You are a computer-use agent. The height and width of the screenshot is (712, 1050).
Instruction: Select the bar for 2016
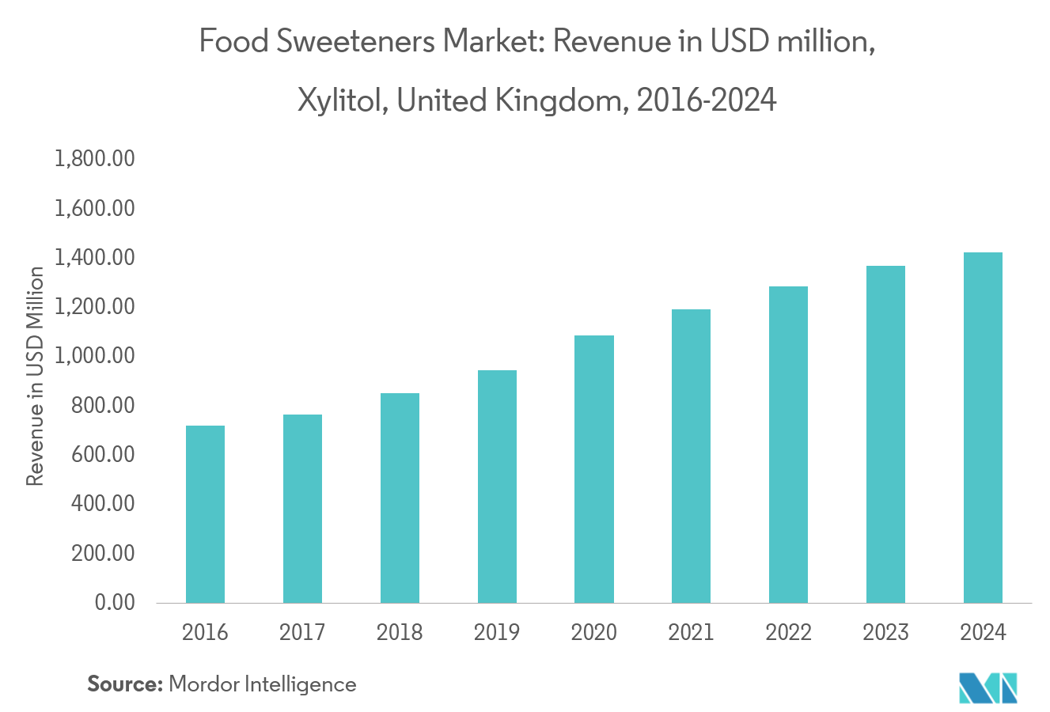(205, 514)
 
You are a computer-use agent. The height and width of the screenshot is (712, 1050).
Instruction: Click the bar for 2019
(497, 487)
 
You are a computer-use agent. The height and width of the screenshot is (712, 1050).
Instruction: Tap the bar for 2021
(691, 456)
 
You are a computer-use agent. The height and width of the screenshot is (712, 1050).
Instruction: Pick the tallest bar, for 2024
(983, 427)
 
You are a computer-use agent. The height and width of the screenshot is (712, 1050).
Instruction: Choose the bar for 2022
(788, 445)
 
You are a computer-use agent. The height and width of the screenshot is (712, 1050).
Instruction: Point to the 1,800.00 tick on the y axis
(94, 160)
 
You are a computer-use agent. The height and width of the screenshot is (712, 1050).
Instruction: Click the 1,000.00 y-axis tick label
(94, 356)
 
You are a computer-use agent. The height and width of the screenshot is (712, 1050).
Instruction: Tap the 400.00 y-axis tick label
(104, 504)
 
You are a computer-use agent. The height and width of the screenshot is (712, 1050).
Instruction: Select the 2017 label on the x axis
(302, 633)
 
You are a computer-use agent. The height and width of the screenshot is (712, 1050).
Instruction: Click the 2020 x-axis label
(593, 633)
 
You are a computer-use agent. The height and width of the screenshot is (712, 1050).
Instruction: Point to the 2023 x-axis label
(885, 633)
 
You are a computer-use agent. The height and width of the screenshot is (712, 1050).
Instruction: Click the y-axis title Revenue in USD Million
(35, 377)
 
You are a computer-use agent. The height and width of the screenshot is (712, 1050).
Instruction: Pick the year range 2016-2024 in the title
(707, 100)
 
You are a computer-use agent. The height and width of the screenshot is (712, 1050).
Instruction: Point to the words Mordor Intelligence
(263, 684)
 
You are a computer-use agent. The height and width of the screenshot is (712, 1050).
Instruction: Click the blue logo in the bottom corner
(987, 687)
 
